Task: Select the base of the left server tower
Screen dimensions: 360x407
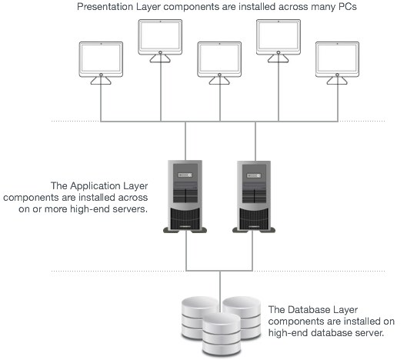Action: point(185,229)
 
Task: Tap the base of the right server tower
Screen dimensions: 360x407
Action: point(255,229)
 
